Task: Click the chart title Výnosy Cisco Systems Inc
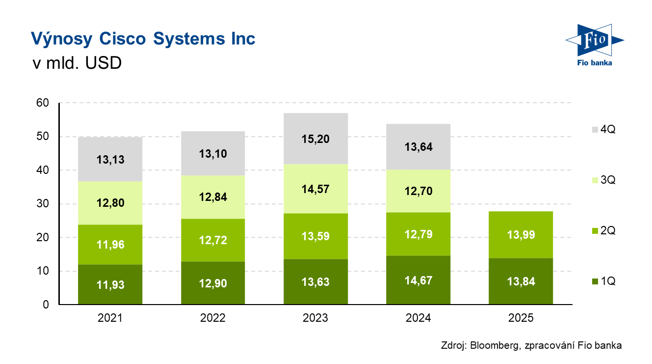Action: tap(143, 39)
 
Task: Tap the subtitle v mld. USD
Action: tap(76, 63)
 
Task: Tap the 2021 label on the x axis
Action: tap(110, 318)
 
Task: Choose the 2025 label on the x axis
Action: tap(521, 318)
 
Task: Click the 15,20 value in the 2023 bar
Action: tap(315, 139)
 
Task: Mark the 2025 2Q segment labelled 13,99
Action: tap(521, 235)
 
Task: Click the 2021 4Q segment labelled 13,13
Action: tap(110, 159)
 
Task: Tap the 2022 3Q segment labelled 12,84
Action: tap(213, 197)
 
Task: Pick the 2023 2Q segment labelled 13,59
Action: tap(315, 236)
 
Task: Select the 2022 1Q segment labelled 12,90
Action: tap(213, 282)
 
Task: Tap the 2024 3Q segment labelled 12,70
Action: tap(418, 191)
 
